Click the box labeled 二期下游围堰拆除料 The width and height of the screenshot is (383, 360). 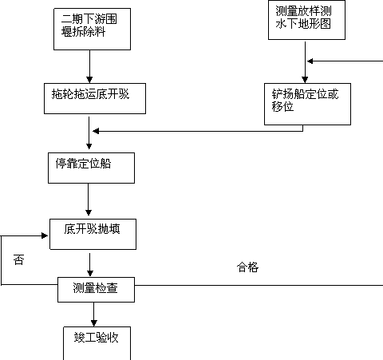click(92, 29)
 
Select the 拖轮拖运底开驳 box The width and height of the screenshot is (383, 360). click(95, 98)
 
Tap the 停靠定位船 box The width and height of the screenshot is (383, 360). click(91, 168)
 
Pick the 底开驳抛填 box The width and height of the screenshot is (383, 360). click(93, 234)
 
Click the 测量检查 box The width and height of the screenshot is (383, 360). click(96, 290)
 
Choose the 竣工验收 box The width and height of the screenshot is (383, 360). click(97, 343)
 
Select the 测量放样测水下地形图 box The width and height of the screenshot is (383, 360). click(306, 20)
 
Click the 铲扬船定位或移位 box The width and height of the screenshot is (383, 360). click(307, 104)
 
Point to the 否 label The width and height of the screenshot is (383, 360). click(19, 259)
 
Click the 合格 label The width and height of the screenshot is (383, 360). click(247, 267)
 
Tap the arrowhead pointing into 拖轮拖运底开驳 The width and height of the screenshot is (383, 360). click(89, 80)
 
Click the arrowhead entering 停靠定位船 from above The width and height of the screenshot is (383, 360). click(89, 146)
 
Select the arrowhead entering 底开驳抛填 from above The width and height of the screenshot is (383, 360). click(89, 212)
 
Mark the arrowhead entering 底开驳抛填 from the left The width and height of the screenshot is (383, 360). click(45, 235)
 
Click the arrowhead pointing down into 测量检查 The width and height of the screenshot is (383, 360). click(90, 273)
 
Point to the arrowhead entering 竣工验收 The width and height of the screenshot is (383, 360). click(94, 323)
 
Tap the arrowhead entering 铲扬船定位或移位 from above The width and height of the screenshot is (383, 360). click(305, 80)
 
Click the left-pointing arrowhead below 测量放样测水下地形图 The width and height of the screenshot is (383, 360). click(310, 61)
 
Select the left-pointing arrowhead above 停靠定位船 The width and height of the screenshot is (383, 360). click(96, 131)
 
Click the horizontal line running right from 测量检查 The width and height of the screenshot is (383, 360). click(259, 285)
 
